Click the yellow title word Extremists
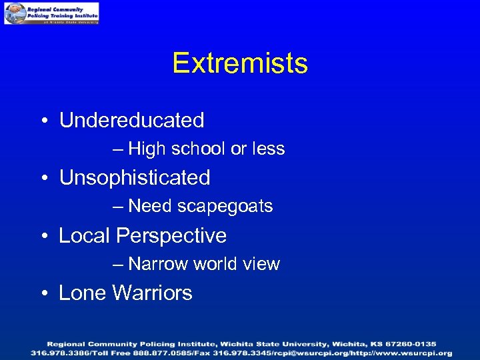coord(240,64)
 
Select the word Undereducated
coord(131,121)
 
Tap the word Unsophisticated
coord(135,178)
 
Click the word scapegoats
coord(225,207)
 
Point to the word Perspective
coord(171,236)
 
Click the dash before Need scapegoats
coord(118,207)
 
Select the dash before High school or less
coord(118,149)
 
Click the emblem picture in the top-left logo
coord(15,13)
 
